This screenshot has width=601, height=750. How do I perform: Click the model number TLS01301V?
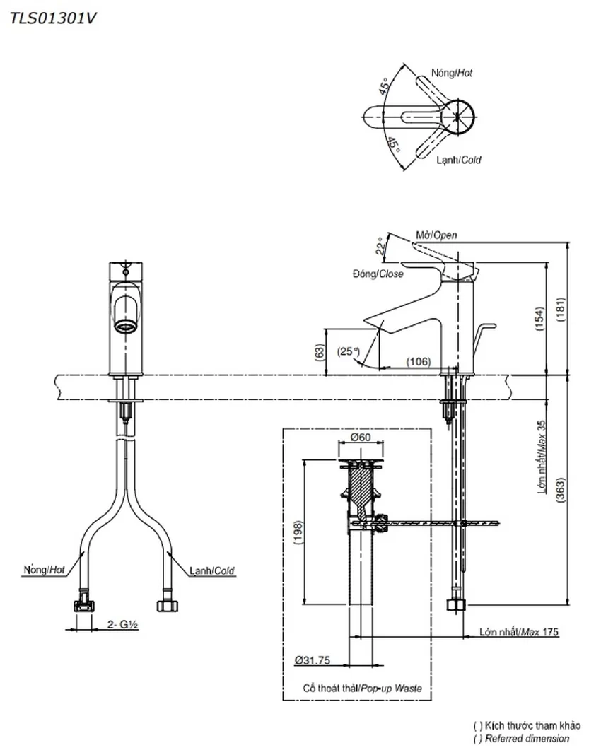(x=53, y=18)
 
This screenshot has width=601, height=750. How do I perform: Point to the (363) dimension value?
(x=560, y=490)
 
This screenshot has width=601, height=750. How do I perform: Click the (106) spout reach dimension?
(x=418, y=362)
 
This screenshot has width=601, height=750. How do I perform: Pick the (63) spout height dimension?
(x=319, y=353)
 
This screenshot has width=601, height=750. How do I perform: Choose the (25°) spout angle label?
(x=348, y=351)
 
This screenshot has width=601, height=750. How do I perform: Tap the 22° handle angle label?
(x=380, y=246)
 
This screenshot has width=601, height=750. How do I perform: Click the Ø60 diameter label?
(x=361, y=437)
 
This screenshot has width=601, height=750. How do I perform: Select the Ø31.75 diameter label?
(x=313, y=660)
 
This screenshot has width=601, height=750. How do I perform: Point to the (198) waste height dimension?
(x=298, y=532)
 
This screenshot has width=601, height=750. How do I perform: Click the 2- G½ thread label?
(x=123, y=624)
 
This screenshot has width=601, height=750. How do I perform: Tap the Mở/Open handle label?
(x=436, y=235)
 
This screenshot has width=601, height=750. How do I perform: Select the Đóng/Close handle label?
(x=378, y=274)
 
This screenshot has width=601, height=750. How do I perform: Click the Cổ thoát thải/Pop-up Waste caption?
(x=362, y=689)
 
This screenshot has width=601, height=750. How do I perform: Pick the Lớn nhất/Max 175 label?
(x=519, y=633)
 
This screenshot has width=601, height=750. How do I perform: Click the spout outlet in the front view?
(x=126, y=327)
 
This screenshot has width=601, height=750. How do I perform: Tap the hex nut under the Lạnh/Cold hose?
(x=168, y=605)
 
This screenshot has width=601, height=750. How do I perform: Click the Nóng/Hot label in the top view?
(x=452, y=73)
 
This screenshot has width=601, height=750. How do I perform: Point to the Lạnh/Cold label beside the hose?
(x=212, y=570)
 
